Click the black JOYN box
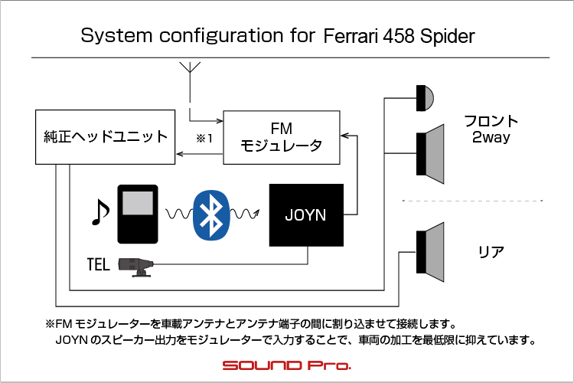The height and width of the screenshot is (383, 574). [306, 215]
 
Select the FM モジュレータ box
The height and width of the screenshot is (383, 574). [282, 137]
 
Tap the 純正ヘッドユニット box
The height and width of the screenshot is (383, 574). [105, 137]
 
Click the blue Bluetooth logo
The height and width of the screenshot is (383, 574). [211, 215]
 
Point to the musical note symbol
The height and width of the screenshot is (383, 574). [99, 212]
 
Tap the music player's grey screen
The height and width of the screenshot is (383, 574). [138, 203]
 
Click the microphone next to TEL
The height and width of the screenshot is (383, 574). [135, 267]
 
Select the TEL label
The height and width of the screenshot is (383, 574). [98, 264]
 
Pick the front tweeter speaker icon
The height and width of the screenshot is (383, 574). [425, 98]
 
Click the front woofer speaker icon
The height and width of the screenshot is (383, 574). [430, 154]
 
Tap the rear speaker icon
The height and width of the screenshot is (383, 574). [430, 252]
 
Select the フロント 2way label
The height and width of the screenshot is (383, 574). [491, 129]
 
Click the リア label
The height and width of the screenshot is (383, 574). [491, 252]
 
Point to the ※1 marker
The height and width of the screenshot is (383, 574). [204, 138]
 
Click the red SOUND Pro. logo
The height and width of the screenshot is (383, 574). [287, 365]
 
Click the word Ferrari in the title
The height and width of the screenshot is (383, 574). [351, 36]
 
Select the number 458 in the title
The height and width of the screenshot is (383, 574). [399, 36]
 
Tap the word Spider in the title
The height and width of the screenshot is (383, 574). [447, 36]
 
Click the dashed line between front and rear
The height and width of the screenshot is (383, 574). [472, 201]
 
